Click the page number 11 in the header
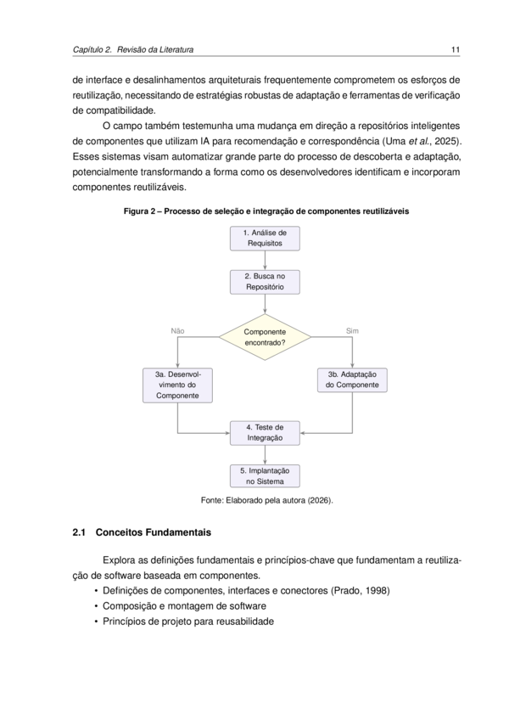456,49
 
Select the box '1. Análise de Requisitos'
265,239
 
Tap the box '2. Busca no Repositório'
265,282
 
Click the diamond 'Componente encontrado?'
265,337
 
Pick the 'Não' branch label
177,331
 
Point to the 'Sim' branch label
353,331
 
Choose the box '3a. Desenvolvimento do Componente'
177,385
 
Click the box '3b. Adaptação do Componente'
353,380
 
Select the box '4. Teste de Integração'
265,433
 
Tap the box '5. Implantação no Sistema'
265,476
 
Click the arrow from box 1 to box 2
265,261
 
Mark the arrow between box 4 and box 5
265,454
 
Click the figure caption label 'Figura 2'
139,211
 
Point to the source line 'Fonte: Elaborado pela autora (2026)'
266,500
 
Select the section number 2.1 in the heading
79,532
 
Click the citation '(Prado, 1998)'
361,591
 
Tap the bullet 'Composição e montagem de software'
184,606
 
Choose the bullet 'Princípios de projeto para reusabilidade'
188,622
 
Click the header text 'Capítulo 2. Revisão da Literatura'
133,49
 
